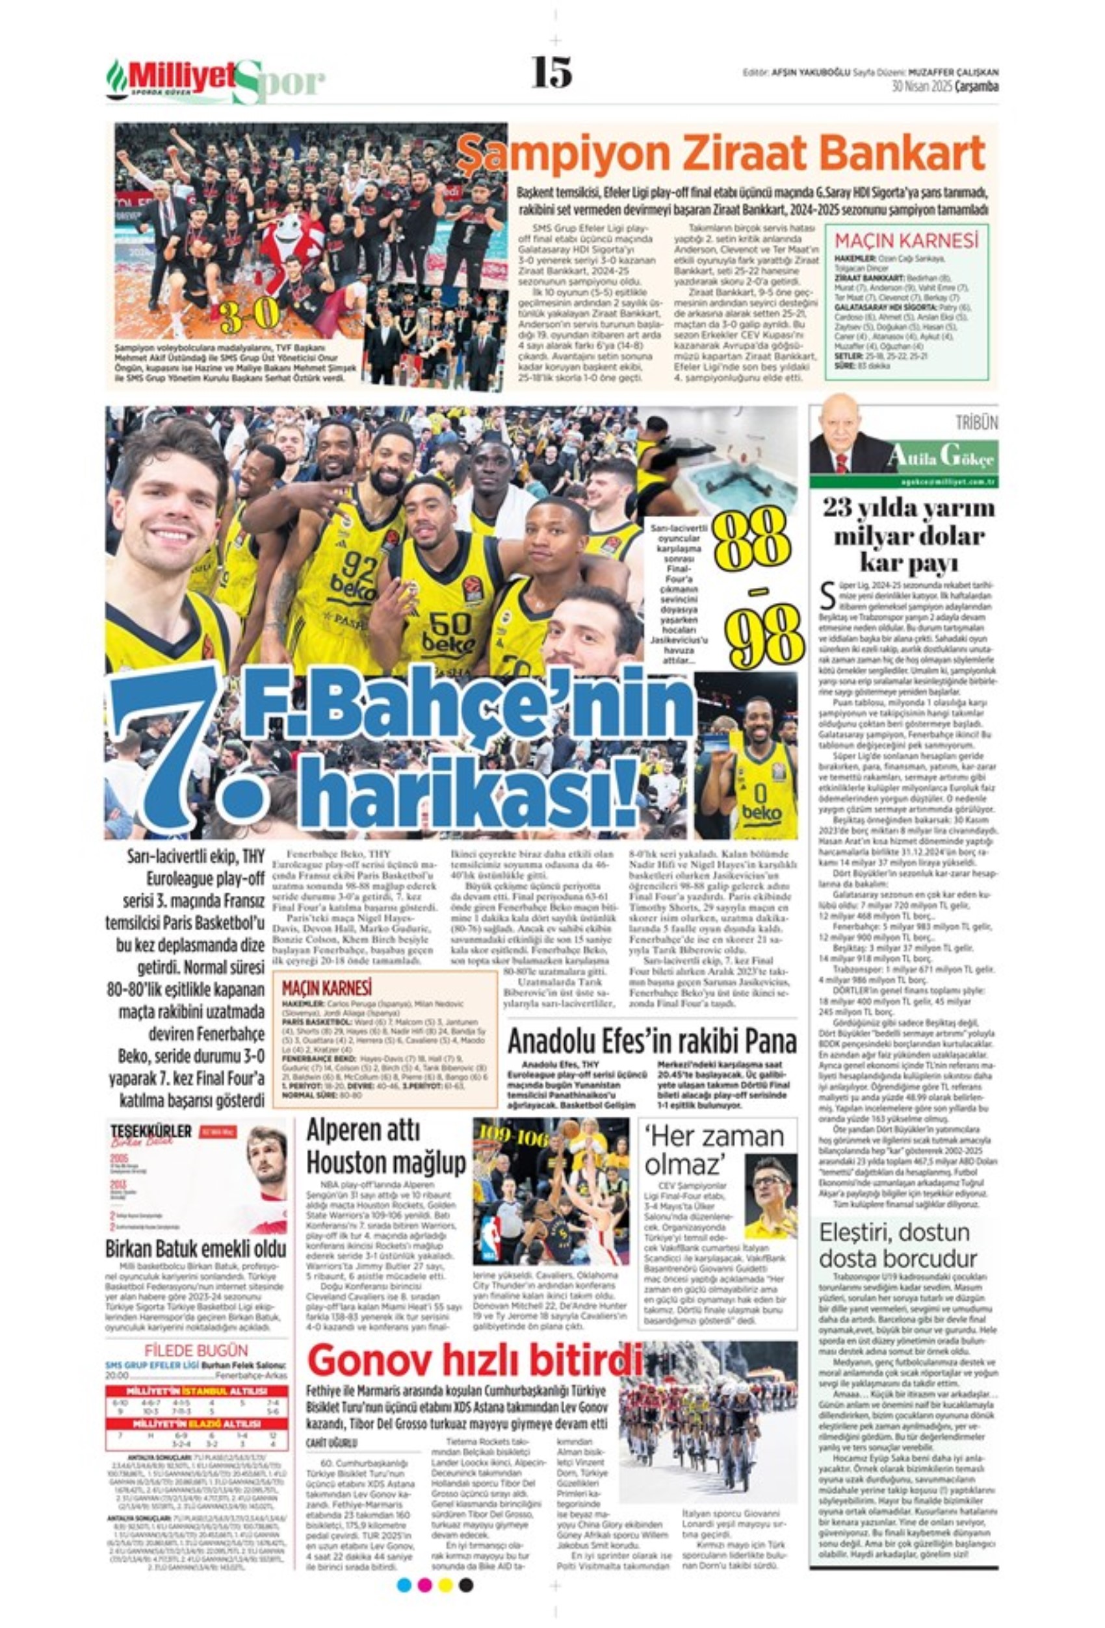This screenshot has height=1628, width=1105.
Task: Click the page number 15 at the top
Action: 551,71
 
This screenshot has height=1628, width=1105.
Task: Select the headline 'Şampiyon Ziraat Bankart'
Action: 721,153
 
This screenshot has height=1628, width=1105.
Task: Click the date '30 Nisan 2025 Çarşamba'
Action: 944,87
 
